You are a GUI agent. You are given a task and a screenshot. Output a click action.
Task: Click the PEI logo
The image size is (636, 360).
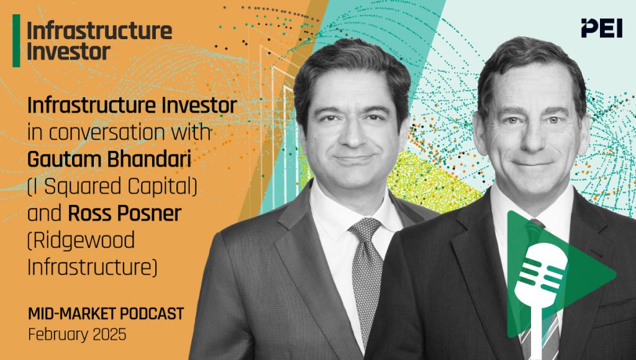pyautogui.click(x=601, y=28)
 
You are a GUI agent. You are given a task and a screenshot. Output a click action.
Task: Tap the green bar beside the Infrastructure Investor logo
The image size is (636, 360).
pyautogui.click(x=16, y=40)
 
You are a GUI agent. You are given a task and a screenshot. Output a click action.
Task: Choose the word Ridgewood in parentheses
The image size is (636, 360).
pyautogui.click(x=73, y=240)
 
